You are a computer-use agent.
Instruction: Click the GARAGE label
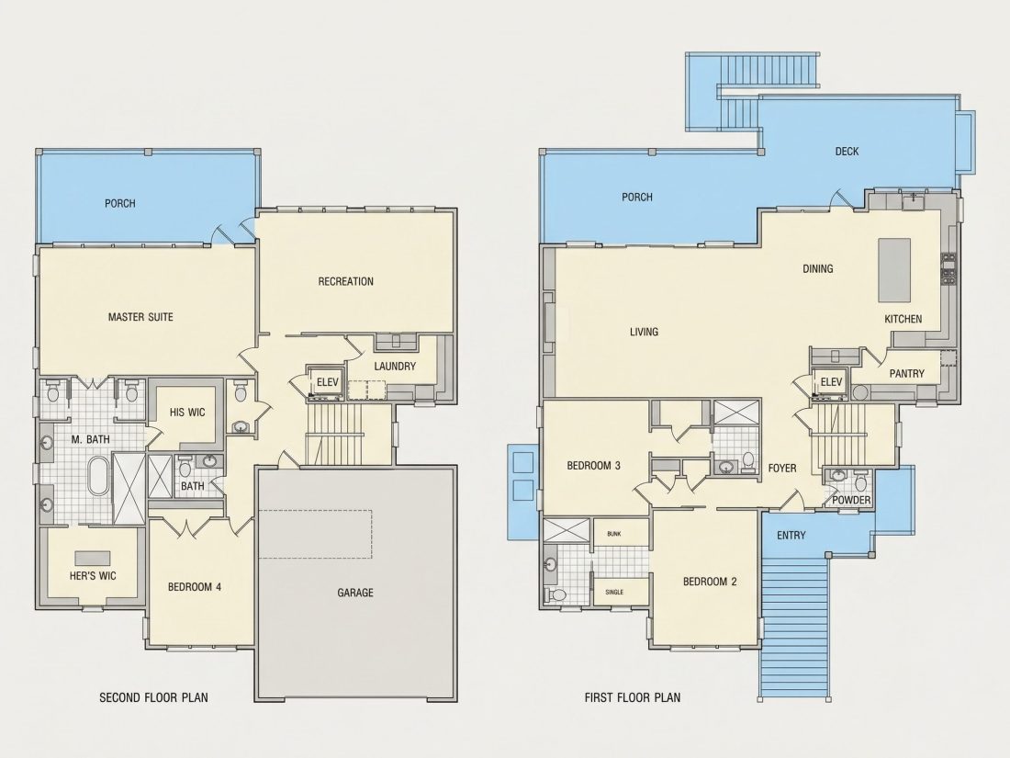coord(355,593)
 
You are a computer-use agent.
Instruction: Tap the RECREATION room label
coord(346,281)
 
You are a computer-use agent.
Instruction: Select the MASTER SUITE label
coord(140,316)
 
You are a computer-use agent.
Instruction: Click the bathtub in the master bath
coord(97,476)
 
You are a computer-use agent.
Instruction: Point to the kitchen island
coord(894,269)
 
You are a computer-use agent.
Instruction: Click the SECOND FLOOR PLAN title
coord(153,697)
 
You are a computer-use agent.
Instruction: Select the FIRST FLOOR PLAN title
coord(633,696)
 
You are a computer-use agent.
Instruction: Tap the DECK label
coord(847,151)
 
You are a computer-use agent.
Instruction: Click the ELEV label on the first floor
coord(831,382)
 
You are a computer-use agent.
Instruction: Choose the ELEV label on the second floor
coord(327,382)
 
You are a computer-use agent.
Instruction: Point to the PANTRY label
coord(906,373)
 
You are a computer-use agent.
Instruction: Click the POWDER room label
coord(851,500)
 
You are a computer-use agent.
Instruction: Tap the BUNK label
coord(614,534)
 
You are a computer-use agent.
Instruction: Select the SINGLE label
coord(614,592)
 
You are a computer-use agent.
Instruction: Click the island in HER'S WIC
coord(92,558)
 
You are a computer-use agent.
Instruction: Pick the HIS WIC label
coord(187,412)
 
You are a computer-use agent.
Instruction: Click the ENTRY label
coord(791,535)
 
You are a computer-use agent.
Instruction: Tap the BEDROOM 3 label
coord(593,466)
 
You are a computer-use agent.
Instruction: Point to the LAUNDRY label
coord(395,366)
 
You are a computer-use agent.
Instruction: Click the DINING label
coord(817,268)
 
